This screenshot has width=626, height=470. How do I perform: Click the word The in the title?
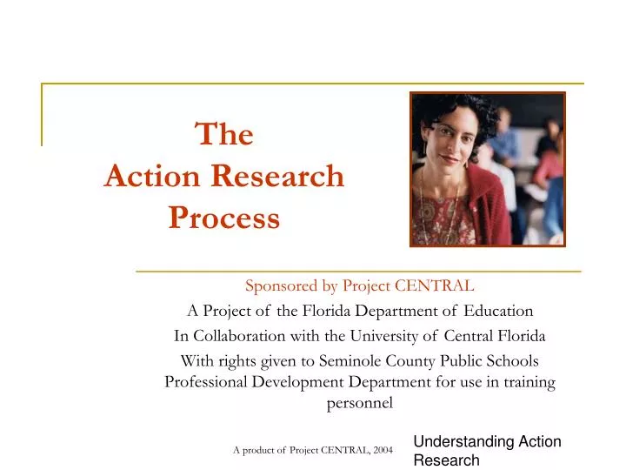[223, 135]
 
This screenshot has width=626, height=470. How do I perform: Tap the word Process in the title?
[223, 218]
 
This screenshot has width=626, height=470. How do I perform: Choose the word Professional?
[211, 381]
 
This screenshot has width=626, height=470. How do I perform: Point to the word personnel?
[359, 402]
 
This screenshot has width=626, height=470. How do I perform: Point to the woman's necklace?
[447, 205]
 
